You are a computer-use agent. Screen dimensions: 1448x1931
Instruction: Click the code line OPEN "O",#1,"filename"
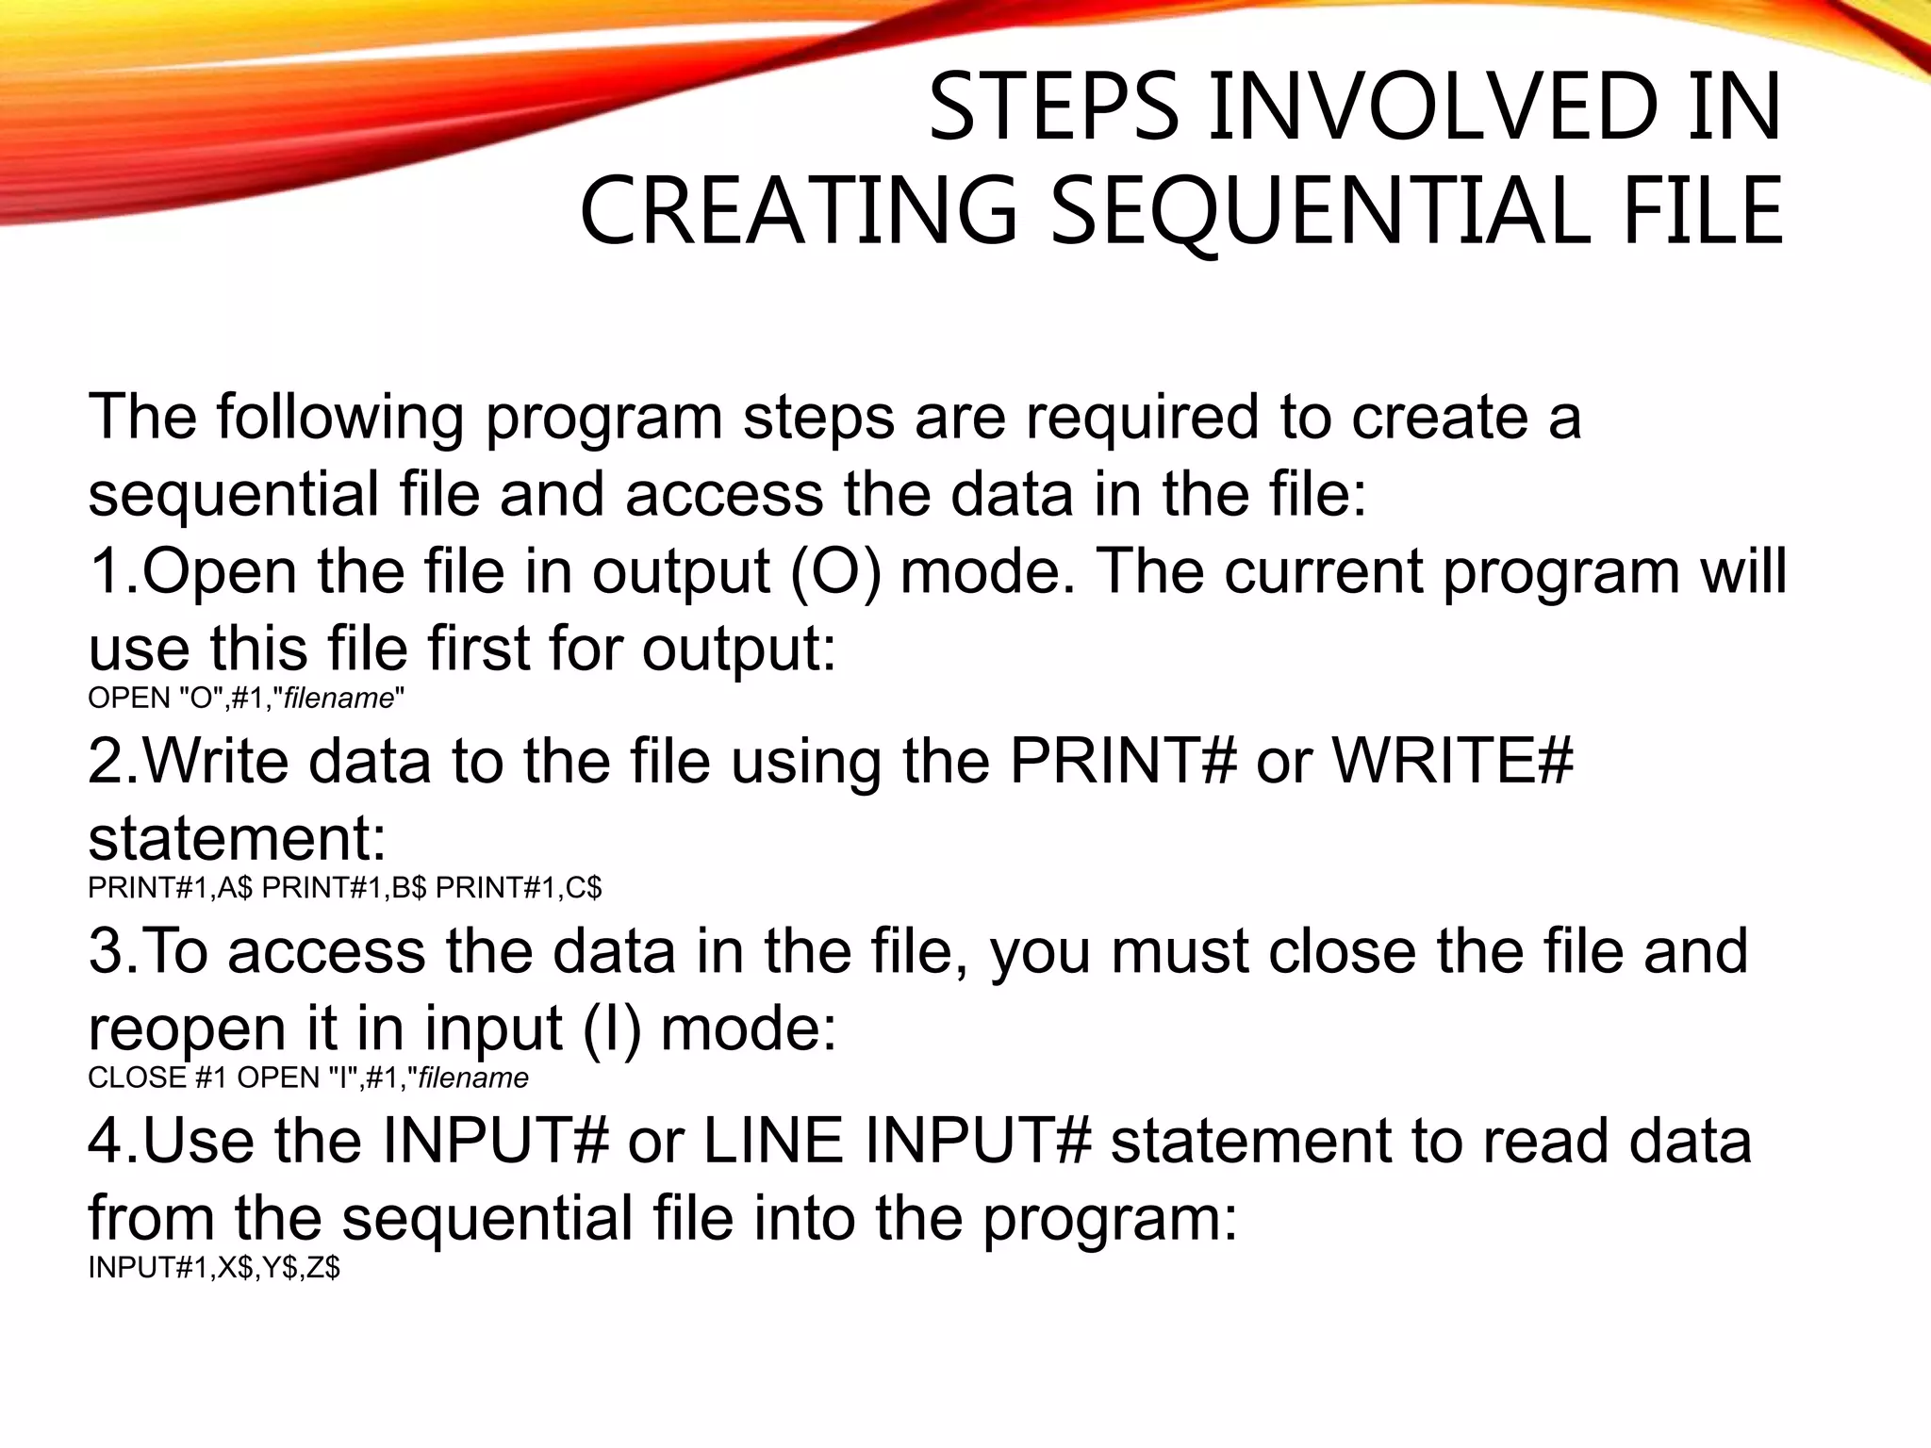point(246,699)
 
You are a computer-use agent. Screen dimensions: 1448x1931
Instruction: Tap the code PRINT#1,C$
point(519,888)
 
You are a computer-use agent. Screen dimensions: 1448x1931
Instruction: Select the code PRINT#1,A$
point(171,888)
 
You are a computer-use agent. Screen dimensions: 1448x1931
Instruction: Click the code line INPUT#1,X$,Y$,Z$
point(214,1268)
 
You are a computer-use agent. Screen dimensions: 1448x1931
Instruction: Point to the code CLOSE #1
point(157,1078)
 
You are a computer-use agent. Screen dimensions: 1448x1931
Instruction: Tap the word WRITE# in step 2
point(1451,761)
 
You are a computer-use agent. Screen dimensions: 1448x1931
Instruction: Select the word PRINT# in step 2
point(1122,761)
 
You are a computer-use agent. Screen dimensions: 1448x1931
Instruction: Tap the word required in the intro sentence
point(1142,417)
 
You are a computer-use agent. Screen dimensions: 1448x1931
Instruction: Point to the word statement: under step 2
point(237,837)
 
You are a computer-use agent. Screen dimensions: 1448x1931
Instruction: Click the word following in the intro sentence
point(340,417)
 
